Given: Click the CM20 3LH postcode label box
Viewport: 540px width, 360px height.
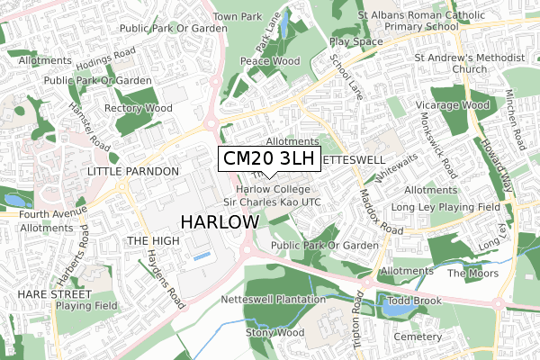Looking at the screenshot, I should tap(269, 159).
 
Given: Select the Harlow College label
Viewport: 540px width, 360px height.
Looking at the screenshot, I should tap(274, 190).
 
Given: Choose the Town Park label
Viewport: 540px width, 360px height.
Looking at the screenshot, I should tap(237, 17).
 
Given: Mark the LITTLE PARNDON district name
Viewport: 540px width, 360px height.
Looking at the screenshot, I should tap(133, 170).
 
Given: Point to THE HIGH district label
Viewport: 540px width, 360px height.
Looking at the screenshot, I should tap(153, 241).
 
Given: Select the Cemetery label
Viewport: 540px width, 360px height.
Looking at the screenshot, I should tap(418, 336).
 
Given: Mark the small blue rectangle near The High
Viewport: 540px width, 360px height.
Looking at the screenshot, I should tap(204, 257).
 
